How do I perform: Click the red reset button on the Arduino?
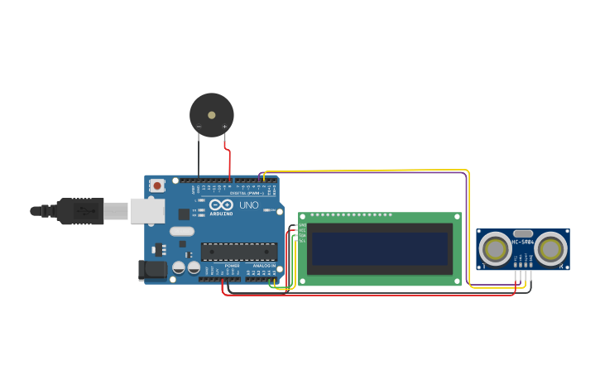pos(157,186)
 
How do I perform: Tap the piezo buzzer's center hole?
pos(211,115)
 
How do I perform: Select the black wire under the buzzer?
pos(199,157)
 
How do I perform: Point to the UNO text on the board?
pos(249,204)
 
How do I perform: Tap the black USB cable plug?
pos(81,211)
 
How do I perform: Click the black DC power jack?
pos(151,270)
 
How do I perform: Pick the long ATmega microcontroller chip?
pos(239,251)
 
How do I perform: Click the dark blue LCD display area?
pos(380,248)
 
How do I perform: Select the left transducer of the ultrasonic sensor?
pos(497,248)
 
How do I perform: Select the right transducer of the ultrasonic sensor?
pos(550,248)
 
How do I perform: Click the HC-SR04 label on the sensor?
pos(523,243)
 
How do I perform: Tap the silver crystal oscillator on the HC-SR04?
pos(523,234)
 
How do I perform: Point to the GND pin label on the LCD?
pos(302,225)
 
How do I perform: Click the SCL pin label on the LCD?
pos(302,241)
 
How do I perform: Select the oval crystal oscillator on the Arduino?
pos(181,232)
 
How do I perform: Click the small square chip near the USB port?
pos(184,214)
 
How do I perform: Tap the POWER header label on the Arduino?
pos(232,266)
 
